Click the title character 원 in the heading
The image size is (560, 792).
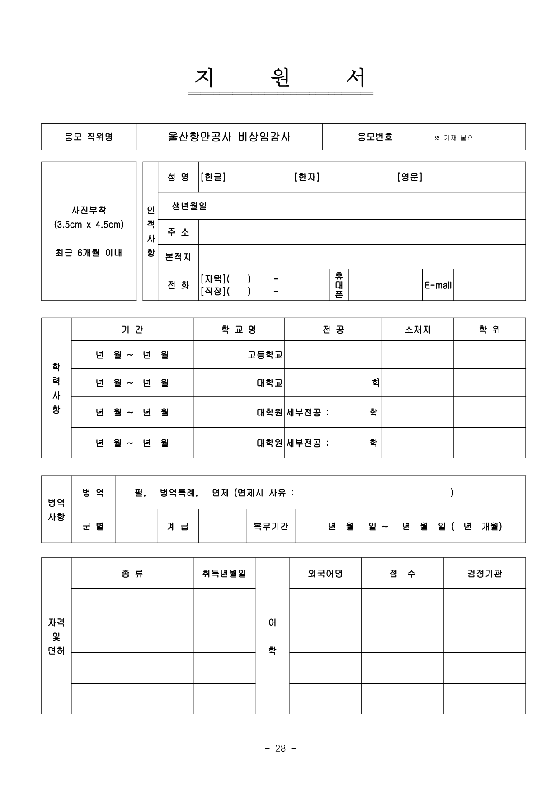(280, 78)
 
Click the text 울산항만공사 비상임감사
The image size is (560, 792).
(229, 137)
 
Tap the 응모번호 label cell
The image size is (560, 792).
(375, 137)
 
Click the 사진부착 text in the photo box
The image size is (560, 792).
(89, 210)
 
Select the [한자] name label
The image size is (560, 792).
(306, 177)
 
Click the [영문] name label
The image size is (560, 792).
(409, 177)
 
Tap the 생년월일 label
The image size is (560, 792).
(189, 206)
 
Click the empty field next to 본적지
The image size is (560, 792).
(362, 257)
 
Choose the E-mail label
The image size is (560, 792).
(438, 285)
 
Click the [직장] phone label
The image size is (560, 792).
(212, 291)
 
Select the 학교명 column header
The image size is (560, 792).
(239, 330)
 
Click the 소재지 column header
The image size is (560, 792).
(417, 330)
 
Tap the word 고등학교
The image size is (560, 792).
(265, 355)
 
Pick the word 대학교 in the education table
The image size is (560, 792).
(269, 383)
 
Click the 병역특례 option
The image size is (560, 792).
(179, 493)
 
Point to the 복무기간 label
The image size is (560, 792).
(270, 526)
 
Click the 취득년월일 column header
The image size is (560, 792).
(224, 573)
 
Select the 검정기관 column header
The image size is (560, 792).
(484, 573)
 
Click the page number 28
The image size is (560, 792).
(280, 749)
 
